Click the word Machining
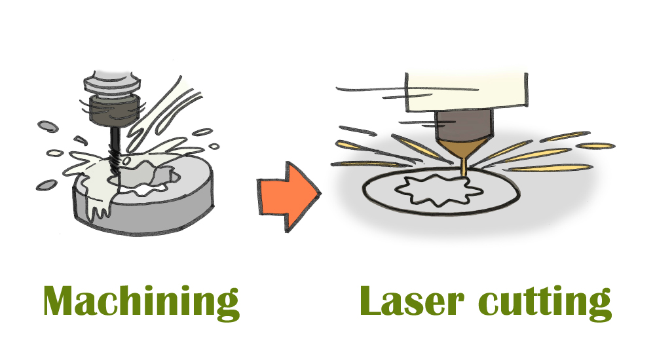coord(141,302)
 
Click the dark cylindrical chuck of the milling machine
coord(113,110)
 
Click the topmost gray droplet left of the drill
coord(46,124)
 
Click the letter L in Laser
coord(372,302)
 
